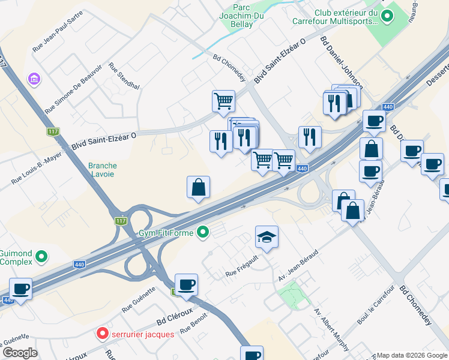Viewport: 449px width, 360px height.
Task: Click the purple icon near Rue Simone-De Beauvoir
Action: coord(33,79)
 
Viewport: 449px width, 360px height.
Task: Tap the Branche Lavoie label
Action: coord(102,170)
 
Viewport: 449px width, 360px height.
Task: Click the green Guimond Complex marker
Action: coord(41,257)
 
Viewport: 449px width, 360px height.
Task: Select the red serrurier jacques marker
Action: coord(102,334)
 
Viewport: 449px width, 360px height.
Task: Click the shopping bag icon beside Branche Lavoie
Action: coord(198,187)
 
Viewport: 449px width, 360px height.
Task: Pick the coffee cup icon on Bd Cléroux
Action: coord(186,284)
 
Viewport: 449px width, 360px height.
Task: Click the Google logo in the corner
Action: coord(19,353)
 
